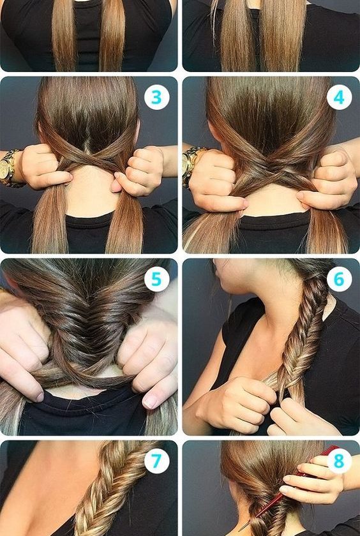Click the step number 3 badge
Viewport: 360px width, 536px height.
click(156, 98)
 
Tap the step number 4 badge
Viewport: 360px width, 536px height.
click(339, 98)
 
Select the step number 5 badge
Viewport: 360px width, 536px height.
click(156, 279)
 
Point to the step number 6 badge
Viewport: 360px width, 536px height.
click(339, 279)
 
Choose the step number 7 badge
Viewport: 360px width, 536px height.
click(156, 461)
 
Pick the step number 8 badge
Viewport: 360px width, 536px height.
click(339, 461)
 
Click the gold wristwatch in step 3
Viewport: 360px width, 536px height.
click(9, 168)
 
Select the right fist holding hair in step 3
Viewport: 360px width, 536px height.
click(138, 170)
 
